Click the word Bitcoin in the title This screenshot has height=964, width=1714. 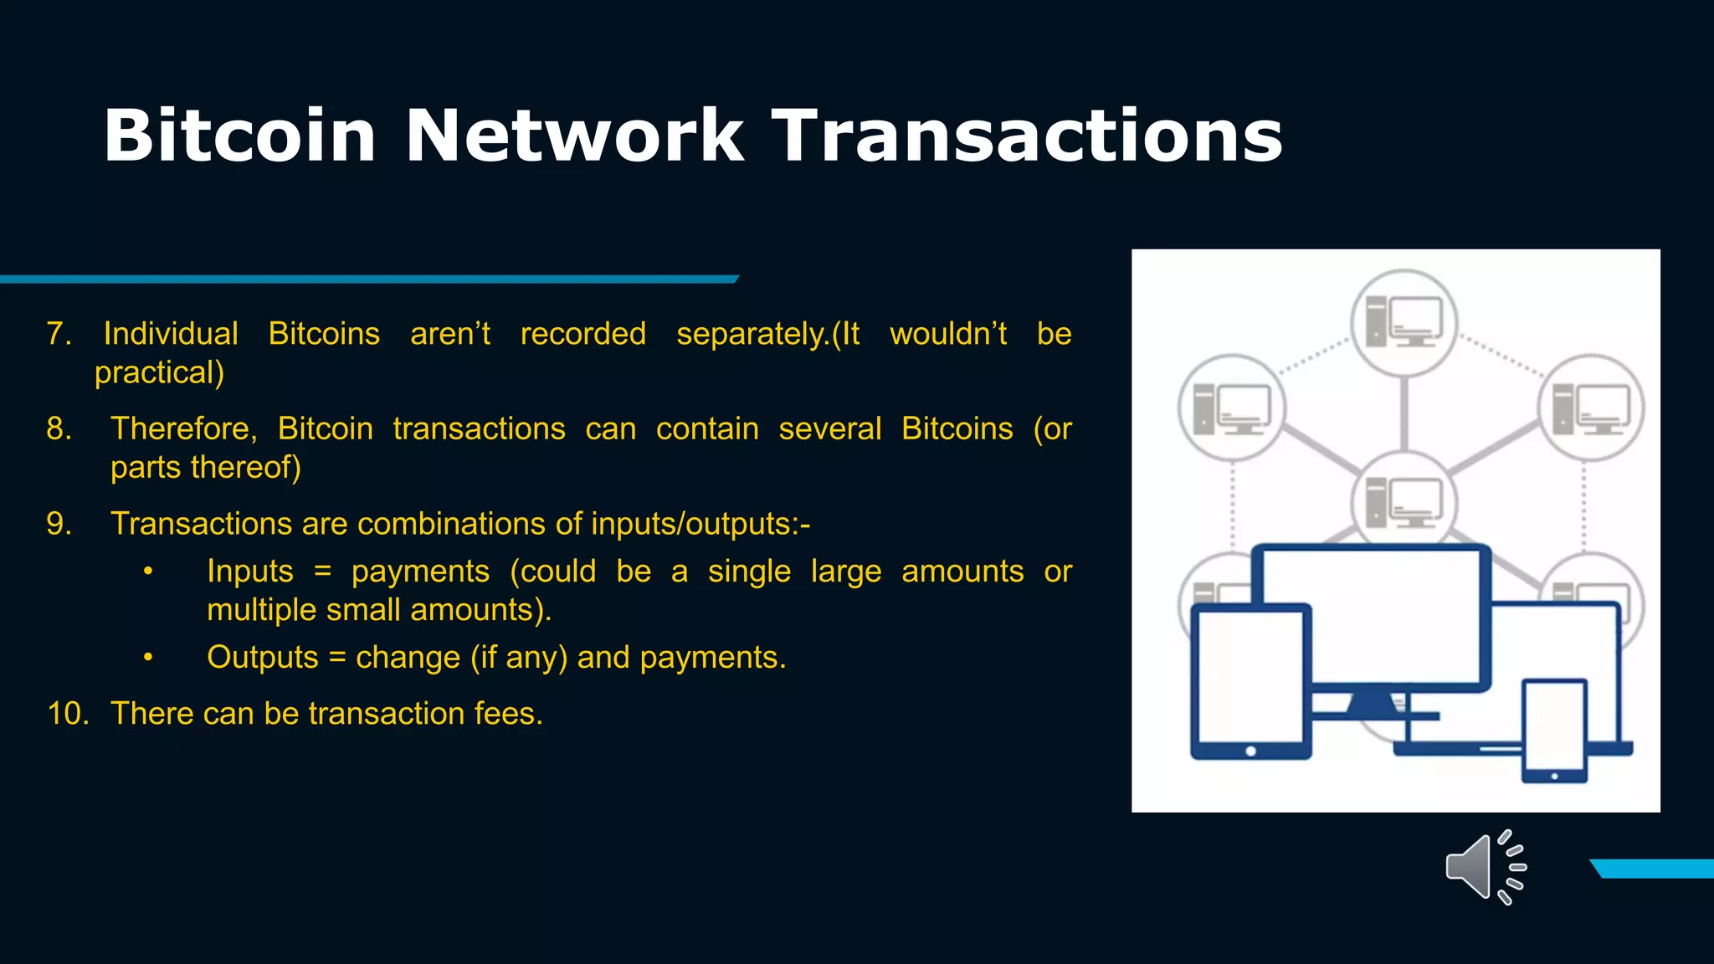click(x=239, y=136)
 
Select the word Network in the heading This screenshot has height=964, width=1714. click(x=574, y=136)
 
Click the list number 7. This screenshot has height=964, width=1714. click(x=59, y=334)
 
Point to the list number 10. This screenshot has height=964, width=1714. click(x=68, y=714)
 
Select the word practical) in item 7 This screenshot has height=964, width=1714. click(x=159, y=372)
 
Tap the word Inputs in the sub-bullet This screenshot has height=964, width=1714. click(x=250, y=572)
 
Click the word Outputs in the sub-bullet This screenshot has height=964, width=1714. click(x=263, y=658)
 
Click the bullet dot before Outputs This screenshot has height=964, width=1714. click(x=148, y=658)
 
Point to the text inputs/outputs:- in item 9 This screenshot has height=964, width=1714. click(x=700, y=524)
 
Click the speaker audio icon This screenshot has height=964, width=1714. click(x=1485, y=867)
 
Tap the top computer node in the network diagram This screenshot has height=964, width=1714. click(x=1404, y=322)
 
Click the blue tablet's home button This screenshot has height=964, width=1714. click(x=1250, y=751)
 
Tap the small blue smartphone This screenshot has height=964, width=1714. click(x=1554, y=730)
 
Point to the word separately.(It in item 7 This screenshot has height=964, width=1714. click(x=767, y=334)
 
